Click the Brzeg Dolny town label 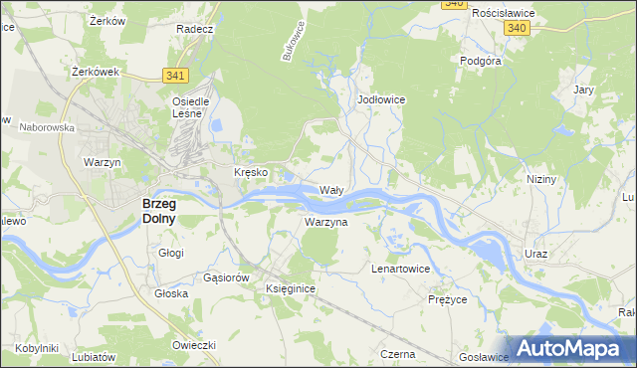(152, 210)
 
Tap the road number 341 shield (175, 75)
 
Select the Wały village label (331, 189)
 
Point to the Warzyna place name (326, 222)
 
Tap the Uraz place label (535, 255)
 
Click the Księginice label (291, 287)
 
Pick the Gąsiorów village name (224, 276)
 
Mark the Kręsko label (251, 172)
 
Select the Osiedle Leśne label (190, 106)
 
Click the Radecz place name (195, 29)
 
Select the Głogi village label (171, 253)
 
